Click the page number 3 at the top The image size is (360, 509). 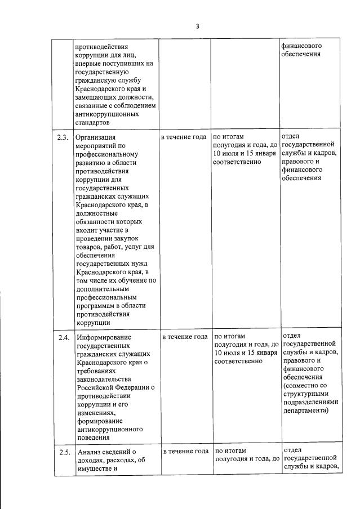(198, 26)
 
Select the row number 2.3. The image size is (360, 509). (63, 137)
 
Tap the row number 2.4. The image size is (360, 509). (64, 337)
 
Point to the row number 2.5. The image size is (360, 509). (64, 452)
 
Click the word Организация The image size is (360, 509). (95, 137)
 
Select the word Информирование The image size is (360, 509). (106, 338)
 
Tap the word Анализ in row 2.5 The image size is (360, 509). (90, 452)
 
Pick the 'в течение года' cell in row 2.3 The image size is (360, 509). (184, 137)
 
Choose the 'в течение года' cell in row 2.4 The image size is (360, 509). (185, 337)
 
